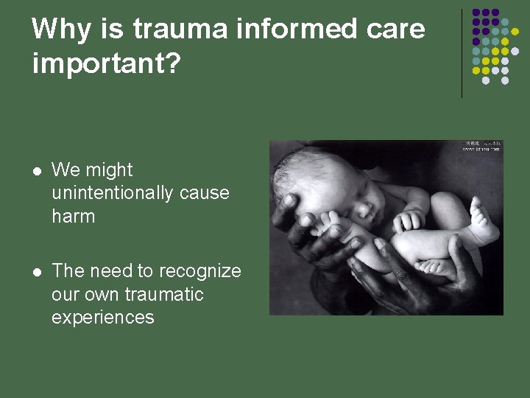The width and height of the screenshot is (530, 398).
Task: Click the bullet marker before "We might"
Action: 35,170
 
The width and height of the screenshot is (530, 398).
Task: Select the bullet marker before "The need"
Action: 35,272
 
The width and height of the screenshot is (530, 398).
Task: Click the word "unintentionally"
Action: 111,193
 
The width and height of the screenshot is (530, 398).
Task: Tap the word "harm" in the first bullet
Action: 74,217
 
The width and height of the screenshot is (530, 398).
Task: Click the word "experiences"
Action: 103,318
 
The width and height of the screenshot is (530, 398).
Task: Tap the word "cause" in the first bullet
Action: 202,193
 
